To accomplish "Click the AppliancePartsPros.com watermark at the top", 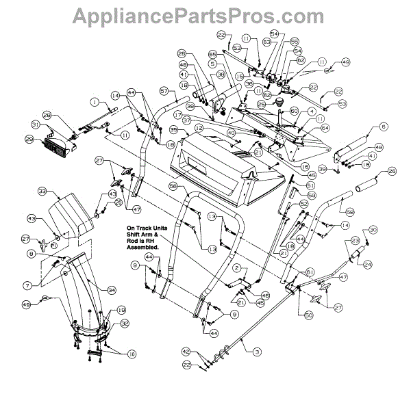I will [206, 14].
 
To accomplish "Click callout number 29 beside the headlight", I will [29, 140].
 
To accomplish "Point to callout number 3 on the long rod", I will [257, 351].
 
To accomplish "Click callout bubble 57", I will [164, 90].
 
